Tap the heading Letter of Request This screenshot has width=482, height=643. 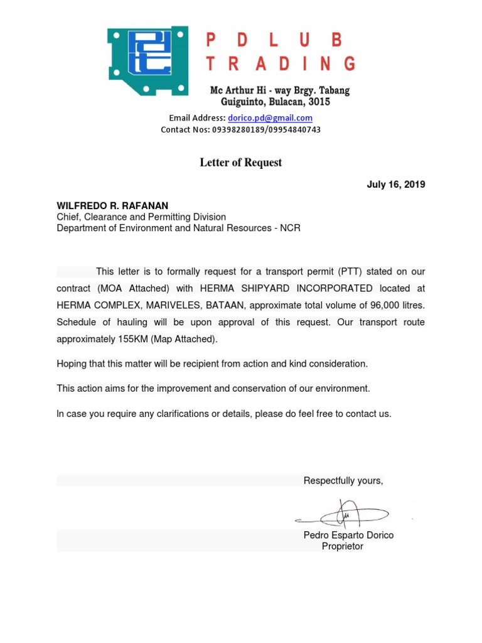(241, 163)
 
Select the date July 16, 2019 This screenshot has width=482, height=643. (396, 185)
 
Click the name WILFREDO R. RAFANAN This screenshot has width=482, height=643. (112, 206)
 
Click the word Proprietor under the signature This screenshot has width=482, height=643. (343, 546)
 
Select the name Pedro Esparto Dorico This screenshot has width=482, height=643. (348, 535)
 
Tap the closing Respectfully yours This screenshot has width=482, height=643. (343, 481)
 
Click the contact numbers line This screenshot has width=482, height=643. (241, 130)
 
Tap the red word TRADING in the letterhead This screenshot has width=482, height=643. (281, 63)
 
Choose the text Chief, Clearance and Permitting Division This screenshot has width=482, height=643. (141, 217)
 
